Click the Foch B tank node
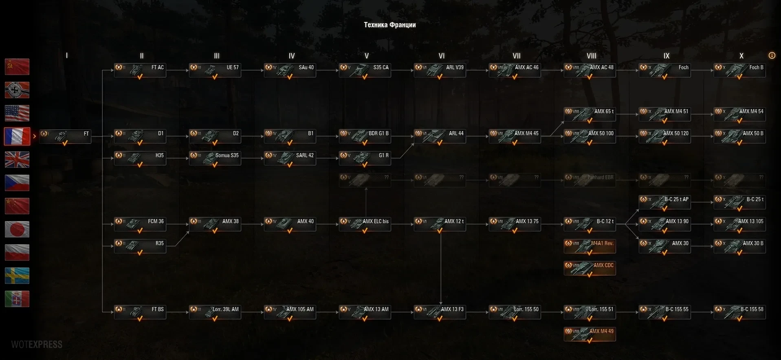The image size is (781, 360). tap(739, 70)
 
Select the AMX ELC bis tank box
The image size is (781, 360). tap(365, 224)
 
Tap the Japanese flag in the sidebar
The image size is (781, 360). tap(17, 229)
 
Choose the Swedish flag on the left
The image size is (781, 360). tap(17, 276)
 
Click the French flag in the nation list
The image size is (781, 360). tap(17, 136)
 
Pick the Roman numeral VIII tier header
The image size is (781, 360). tap(591, 56)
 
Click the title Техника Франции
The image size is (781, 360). tap(389, 25)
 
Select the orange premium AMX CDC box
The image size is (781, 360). tap(590, 268)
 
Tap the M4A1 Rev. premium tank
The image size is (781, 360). tap(590, 246)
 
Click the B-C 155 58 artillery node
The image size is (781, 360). tap(739, 312)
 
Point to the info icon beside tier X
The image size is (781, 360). tap(772, 55)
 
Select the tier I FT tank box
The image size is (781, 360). tap(65, 136)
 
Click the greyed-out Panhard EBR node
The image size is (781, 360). tap(590, 180)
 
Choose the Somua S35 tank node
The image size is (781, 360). tap(215, 158)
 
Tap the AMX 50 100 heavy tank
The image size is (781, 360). tap(590, 136)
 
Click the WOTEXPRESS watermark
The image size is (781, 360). tap(37, 345)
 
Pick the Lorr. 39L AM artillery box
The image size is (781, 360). tap(215, 312)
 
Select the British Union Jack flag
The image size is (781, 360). tap(17, 160)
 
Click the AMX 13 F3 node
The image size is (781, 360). tap(440, 312)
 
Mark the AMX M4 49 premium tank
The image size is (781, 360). tap(590, 334)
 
